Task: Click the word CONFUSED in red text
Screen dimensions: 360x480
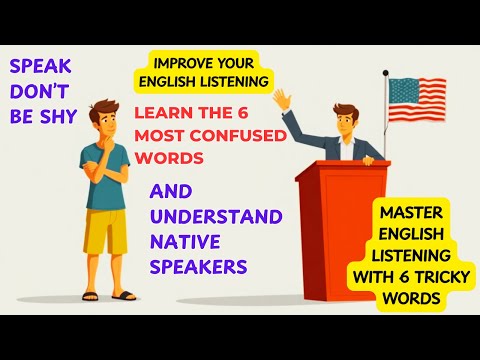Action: click(x=237, y=133)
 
